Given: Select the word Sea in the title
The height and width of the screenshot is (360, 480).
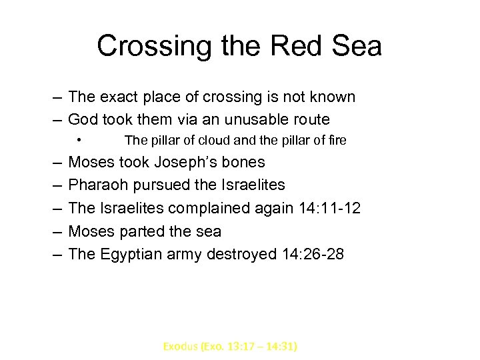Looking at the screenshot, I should tap(357, 47).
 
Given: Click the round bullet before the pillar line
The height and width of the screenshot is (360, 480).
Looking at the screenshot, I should tap(79, 140).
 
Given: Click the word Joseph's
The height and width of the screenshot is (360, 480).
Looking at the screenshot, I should tap(199, 162).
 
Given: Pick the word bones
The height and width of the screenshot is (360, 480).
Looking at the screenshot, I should tap(246, 162).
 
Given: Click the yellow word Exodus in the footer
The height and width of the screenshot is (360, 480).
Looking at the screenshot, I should tap(180, 347).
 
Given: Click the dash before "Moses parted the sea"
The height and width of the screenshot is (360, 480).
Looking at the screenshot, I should tap(56, 231).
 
